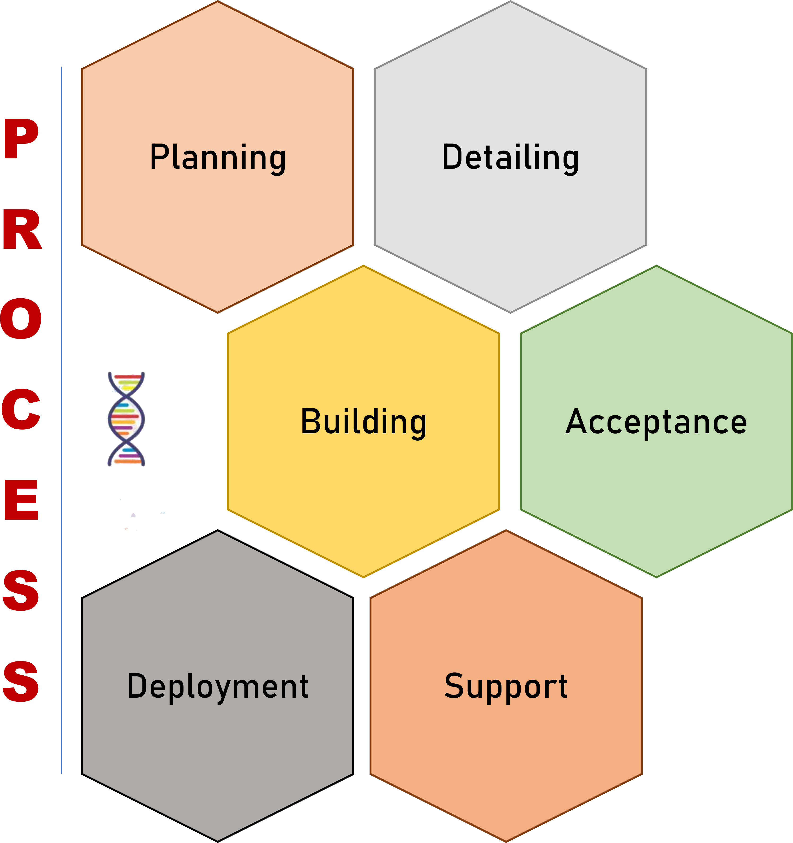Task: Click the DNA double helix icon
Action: click(126, 419)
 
